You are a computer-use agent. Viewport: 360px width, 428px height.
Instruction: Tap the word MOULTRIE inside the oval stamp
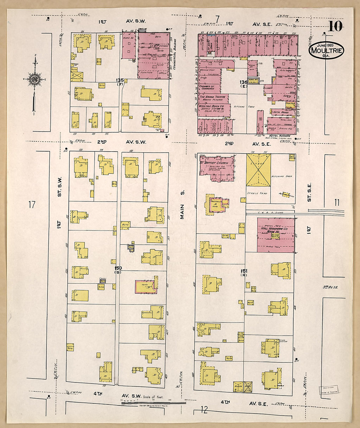(x=326, y=50)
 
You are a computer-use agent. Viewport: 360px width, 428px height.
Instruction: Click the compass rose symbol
(x=34, y=79)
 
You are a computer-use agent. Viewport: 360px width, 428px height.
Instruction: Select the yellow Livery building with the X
(x=258, y=170)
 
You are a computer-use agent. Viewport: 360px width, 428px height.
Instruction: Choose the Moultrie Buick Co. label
(x=211, y=106)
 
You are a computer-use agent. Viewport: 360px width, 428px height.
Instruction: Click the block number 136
(x=243, y=82)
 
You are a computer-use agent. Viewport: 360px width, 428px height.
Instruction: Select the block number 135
(x=120, y=80)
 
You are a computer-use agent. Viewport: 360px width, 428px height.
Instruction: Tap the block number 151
(x=243, y=271)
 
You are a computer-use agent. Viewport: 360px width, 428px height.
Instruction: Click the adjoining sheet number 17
(x=31, y=205)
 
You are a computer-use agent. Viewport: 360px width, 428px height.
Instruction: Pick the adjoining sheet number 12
(x=204, y=410)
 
